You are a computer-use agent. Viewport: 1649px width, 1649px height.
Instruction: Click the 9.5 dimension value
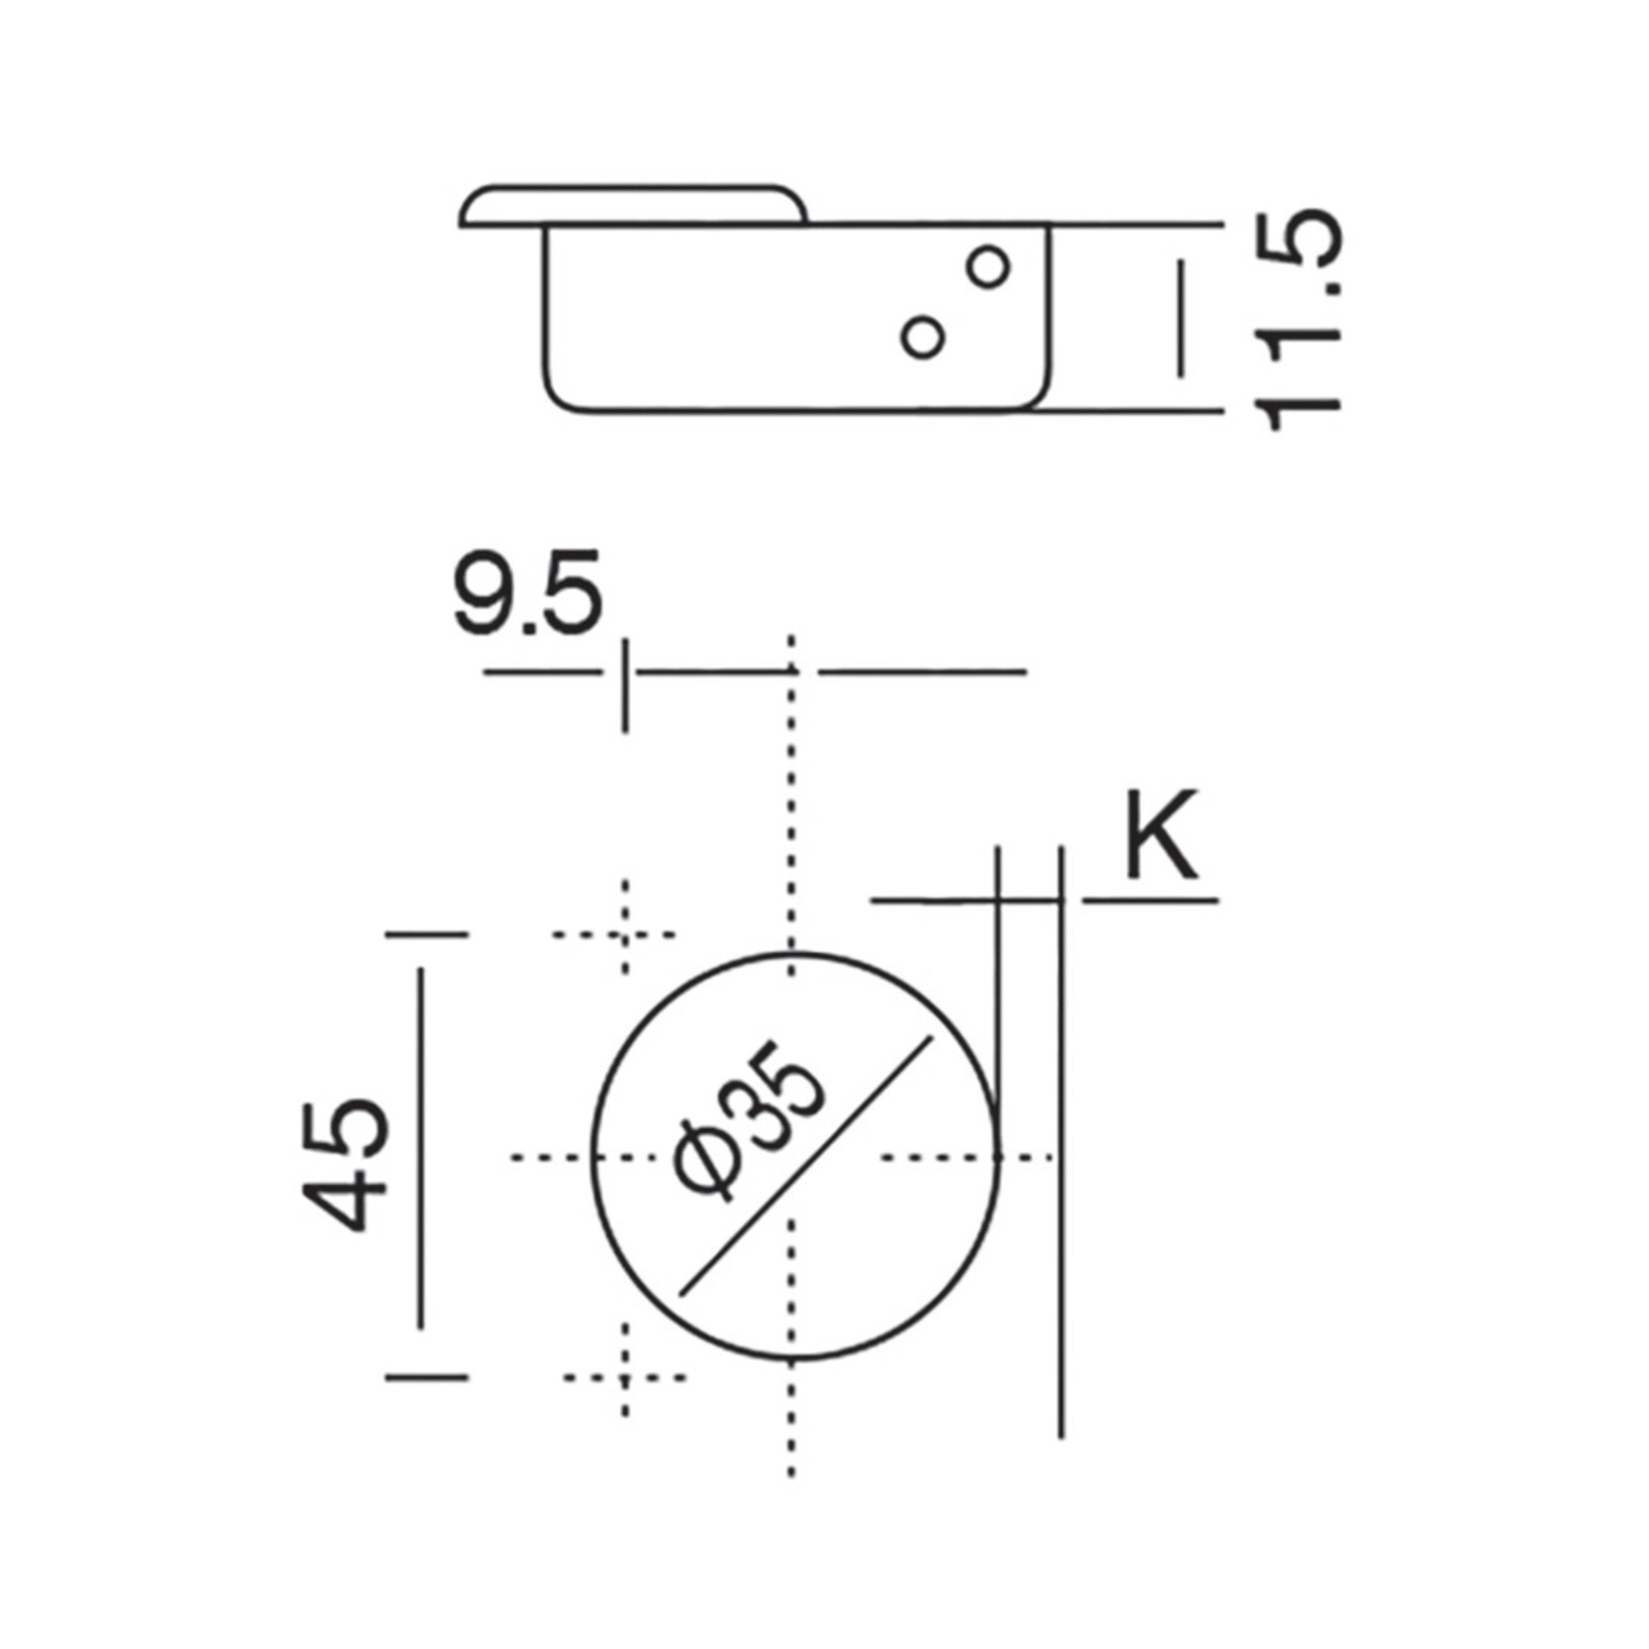tap(528, 594)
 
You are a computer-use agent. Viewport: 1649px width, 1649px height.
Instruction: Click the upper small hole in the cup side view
tap(988, 266)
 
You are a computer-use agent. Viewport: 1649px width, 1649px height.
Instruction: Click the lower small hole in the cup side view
tap(922, 337)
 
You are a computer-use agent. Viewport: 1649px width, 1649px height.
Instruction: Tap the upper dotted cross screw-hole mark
tap(625, 934)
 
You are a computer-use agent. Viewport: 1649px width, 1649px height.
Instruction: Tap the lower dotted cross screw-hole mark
tap(625, 1377)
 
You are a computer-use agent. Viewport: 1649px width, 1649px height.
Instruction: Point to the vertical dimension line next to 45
tap(421, 1148)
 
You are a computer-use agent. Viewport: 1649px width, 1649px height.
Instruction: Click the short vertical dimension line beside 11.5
tap(1182, 317)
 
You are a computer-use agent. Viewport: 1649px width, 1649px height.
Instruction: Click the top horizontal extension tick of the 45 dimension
tap(426, 934)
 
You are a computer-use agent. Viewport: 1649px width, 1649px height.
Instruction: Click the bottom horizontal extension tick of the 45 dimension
tap(426, 1377)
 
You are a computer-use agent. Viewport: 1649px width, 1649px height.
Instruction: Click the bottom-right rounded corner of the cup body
tap(1038, 394)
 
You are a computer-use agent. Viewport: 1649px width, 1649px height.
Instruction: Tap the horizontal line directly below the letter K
tap(1150, 900)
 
